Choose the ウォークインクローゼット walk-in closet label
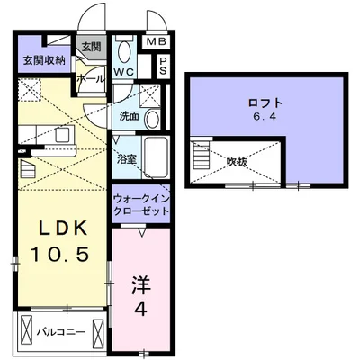[140, 203]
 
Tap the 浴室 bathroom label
[126, 158]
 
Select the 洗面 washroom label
[128, 117]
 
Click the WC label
[124, 72]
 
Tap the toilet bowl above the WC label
[124, 49]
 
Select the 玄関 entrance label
[91, 47]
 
